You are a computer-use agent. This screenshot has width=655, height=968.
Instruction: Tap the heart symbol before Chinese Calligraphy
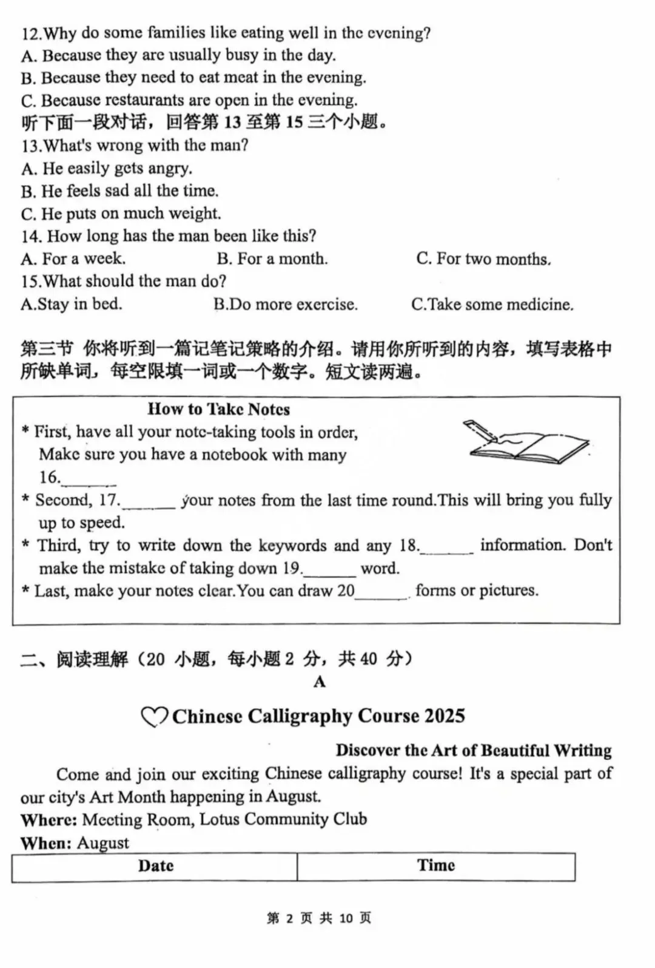(x=154, y=717)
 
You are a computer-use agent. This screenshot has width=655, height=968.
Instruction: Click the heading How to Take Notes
(x=219, y=409)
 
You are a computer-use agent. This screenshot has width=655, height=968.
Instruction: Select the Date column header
(x=155, y=865)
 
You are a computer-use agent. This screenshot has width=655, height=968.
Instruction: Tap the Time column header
(x=435, y=865)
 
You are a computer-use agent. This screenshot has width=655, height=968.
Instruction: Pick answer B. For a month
(x=272, y=259)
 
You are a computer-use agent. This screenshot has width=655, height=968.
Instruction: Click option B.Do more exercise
(x=286, y=304)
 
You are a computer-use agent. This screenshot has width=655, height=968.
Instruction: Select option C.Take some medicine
(x=492, y=304)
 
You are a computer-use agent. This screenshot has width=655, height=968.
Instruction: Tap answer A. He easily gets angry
(x=107, y=168)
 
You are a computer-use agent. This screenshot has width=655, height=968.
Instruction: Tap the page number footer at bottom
(x=319, y=918)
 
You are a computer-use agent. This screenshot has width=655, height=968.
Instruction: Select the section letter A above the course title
(x=320, y=682)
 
